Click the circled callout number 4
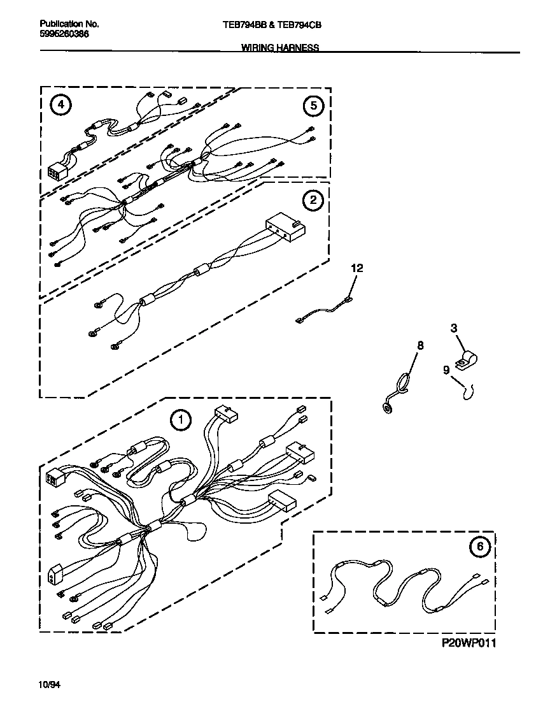click(x=60, y=106)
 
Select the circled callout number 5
click(x=313, y=106)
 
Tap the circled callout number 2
click(x=313, y=201)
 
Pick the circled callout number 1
click(x=181, y=419)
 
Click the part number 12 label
click(x=356, y=269)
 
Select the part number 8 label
click(x=420, y=345)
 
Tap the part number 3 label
click(x=453, y=328)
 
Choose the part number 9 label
click(x=446, y=369)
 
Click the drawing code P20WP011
click(x=469, y=643)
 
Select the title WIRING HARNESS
click(x=280, y=48)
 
